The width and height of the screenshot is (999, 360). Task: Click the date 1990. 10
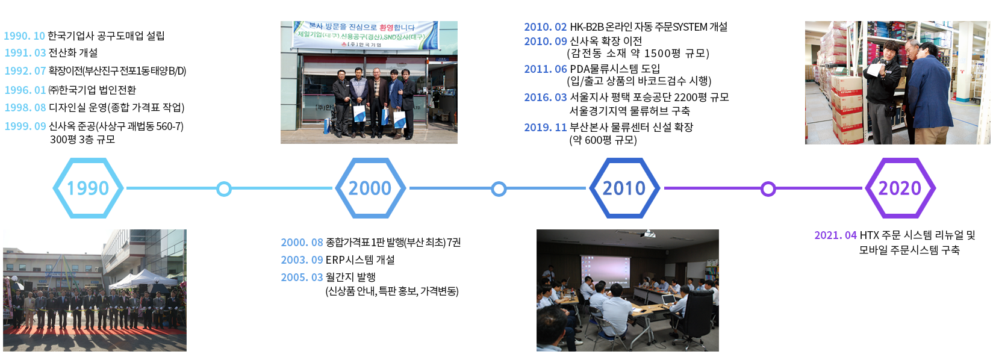[x=25, y=36]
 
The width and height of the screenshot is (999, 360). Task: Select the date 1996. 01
[x=25, y=90]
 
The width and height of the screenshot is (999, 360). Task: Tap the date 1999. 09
[x=25, y=126]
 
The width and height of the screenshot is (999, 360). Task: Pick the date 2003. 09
[x=302, y=260]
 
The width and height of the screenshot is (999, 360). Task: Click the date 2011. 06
[x=546, y=69]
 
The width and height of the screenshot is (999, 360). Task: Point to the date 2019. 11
[x=546, y=128]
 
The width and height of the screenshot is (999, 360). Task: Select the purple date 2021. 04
[x=836, y=235]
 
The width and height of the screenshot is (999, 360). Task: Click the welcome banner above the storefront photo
[x=365, y=35]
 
